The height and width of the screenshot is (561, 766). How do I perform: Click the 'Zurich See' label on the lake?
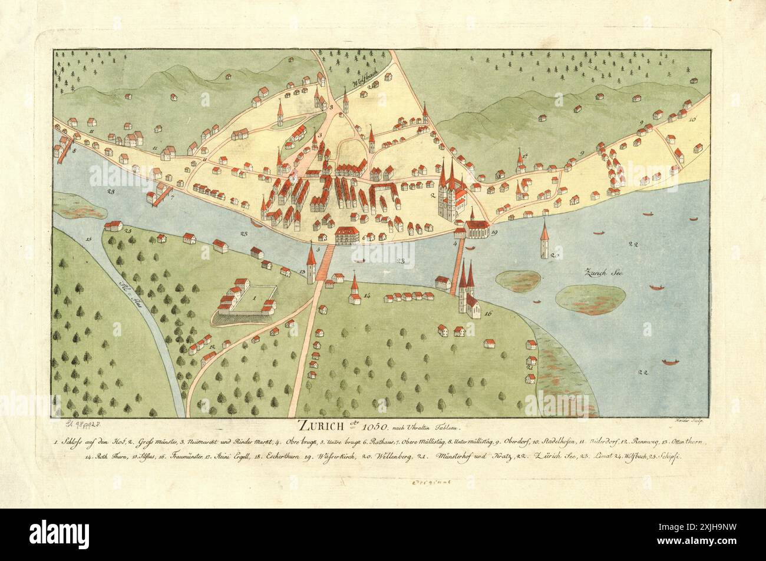coord(601,273)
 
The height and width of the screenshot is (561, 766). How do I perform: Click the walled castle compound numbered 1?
coord(246,300)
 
